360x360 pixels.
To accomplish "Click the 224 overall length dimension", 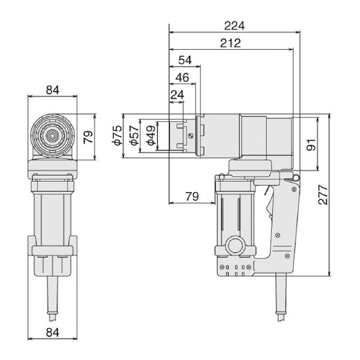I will pyautogui.click(x=234, y=26).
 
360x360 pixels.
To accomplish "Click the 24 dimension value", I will pyautogui.click(x=177, y=95).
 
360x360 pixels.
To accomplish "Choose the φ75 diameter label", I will pyautogui.click(x=116, y=136).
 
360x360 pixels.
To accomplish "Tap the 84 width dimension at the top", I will pyautogui.click(x=52, y=90).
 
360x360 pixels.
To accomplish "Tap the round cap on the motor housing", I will pyautogui.click(x=235, y=246).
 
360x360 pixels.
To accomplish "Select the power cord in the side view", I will pyautogui.click(x=280, y=300).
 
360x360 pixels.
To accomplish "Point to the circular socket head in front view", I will pyautogui.click(x=53, y=136).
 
